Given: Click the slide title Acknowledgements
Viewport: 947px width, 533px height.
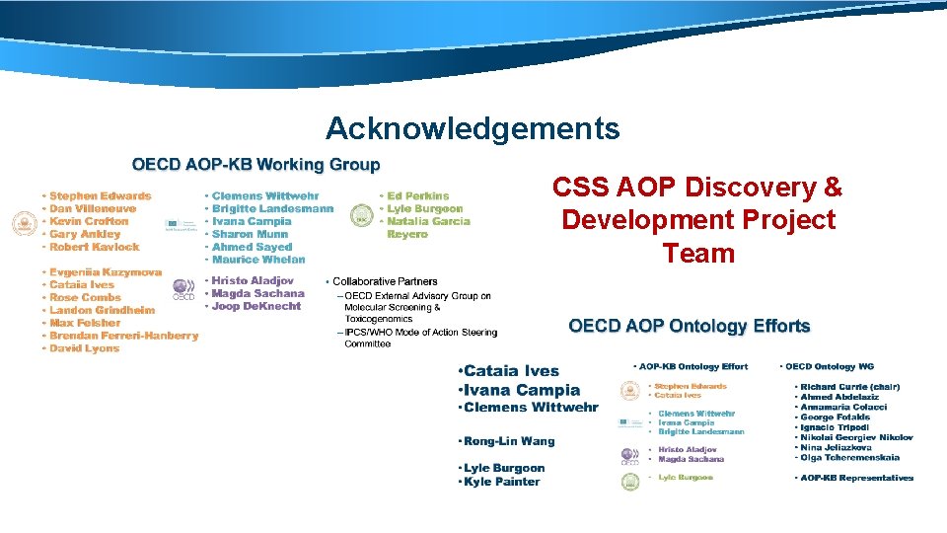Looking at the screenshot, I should pos(473,129).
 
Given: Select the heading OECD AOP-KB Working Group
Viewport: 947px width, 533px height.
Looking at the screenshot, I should pos(256,165).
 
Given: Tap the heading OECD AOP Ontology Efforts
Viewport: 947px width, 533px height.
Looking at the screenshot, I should pos(689,326).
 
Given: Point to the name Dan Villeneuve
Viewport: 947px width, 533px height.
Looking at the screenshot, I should pos(93,209).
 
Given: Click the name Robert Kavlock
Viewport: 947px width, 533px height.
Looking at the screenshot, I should pos(94,248).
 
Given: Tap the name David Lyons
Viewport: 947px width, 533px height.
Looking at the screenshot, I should pos(84,348).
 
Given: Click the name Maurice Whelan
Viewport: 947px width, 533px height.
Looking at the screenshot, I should pos(258,260).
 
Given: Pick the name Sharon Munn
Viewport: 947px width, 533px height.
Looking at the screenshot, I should pos(250,235).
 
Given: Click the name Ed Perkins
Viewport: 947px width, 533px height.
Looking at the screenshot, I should pos(418,196).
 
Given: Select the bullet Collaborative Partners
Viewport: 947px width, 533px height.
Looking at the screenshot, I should pos(385,282).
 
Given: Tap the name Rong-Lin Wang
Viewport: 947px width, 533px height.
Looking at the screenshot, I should pos(509,441).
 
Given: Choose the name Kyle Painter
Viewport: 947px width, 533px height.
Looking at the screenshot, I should pos(502,482).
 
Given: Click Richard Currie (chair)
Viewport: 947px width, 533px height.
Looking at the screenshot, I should pos(849,387).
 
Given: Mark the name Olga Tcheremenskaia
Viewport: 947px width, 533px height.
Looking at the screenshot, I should pos(849,458).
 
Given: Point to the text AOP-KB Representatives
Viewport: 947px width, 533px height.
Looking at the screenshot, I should pos(856,478).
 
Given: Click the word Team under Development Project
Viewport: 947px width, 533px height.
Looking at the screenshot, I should pos(698,254).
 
